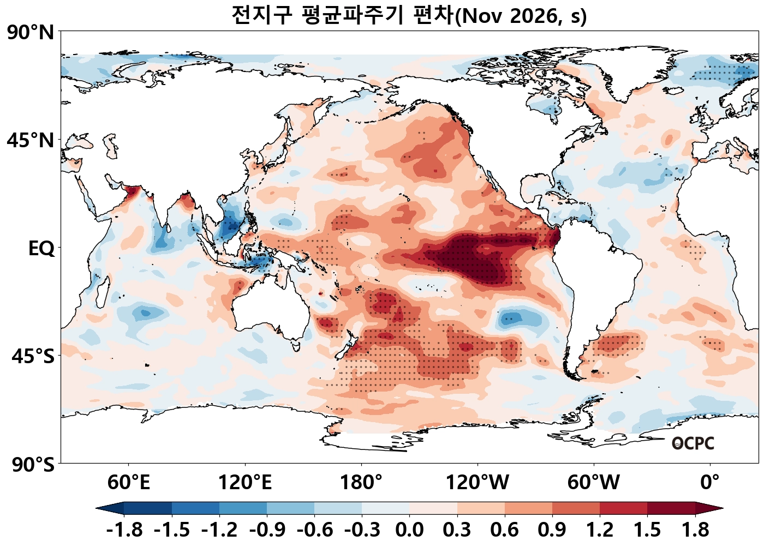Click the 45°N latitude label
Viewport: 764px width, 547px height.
click(31, 140)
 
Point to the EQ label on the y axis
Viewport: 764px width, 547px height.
click(41, 249)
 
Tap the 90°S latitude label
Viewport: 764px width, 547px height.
click(33, 464)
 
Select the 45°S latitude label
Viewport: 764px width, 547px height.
click(33, 356)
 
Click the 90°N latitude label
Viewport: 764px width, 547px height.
click(31, 33)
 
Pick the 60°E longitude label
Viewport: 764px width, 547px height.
click(129, 483)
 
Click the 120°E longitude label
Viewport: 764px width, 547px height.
click(245, 483)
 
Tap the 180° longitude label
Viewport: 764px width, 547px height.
click(361, 483)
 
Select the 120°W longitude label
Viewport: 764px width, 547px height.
click(477, 483)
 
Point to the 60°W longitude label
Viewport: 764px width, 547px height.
click(594, 483)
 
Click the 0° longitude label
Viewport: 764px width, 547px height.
click(710, 483)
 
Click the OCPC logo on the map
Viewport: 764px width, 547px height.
click(693, 443)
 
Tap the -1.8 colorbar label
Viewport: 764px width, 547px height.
click(124, 530)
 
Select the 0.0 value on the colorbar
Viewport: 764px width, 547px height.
click(409, 530)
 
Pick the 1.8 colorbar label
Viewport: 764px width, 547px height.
click(695, 530)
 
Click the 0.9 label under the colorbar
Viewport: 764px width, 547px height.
click(552, 530)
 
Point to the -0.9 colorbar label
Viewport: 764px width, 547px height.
click(267, 530)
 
